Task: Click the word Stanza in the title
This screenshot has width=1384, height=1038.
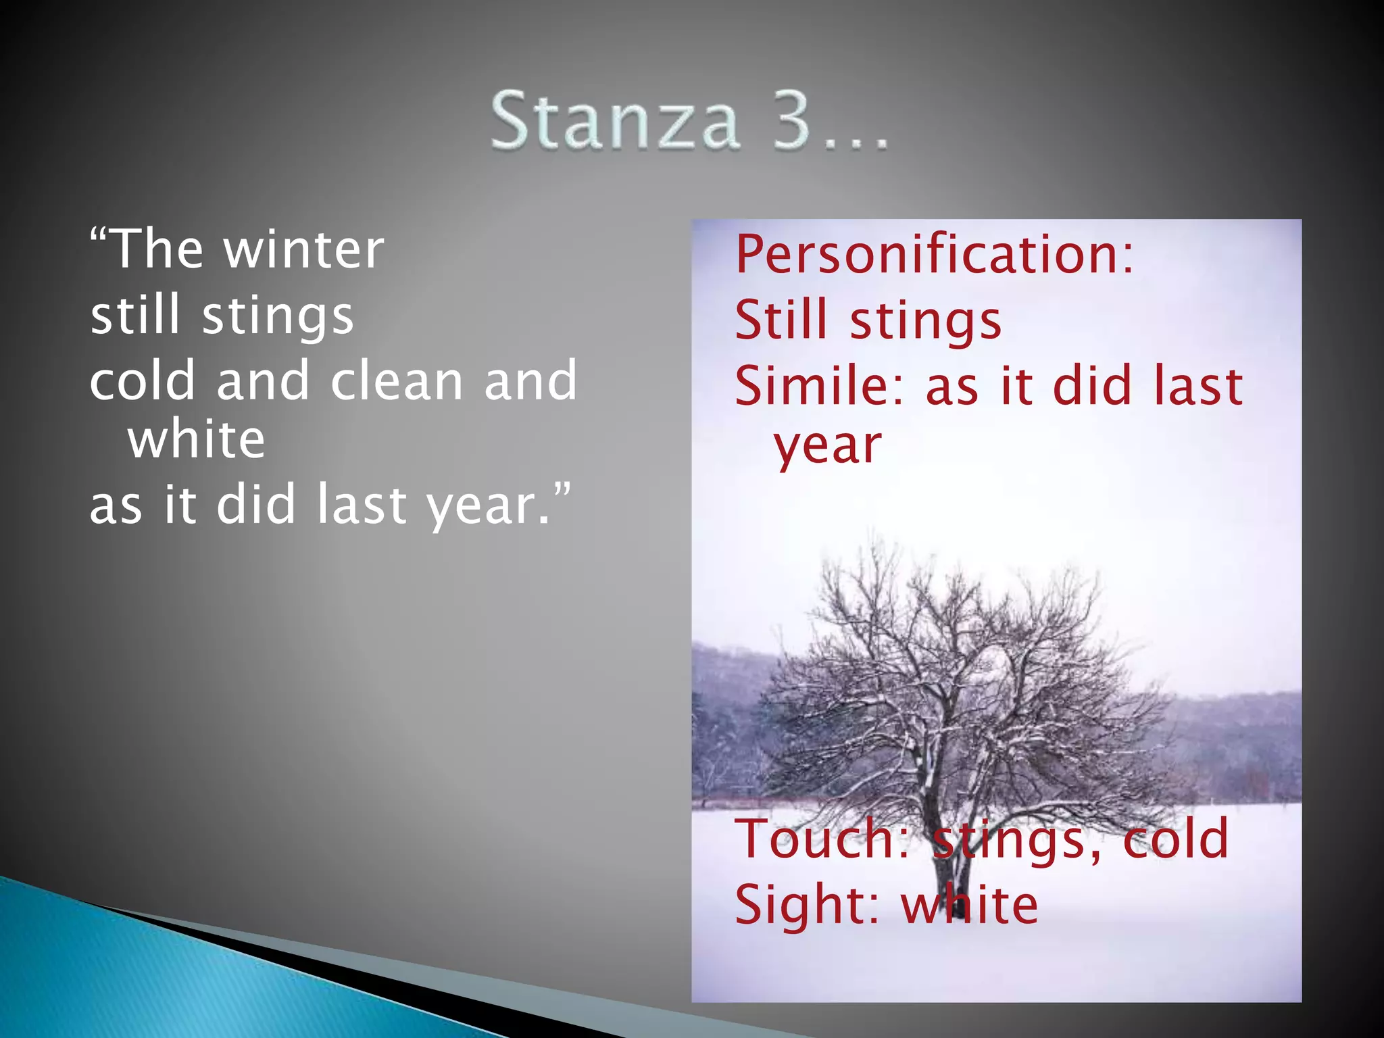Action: (615, 122)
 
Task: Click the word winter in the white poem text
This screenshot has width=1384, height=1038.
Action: (303, 250)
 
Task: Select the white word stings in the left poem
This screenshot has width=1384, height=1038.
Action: (278, 316)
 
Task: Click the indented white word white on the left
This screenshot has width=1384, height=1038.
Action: (196, 440)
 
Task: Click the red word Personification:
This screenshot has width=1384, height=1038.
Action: (934, 255)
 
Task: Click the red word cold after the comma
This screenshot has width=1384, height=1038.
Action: (1175, 839)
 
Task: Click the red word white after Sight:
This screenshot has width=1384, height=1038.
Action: (970, 905)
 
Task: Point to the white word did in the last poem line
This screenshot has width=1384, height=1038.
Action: (256, 505)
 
